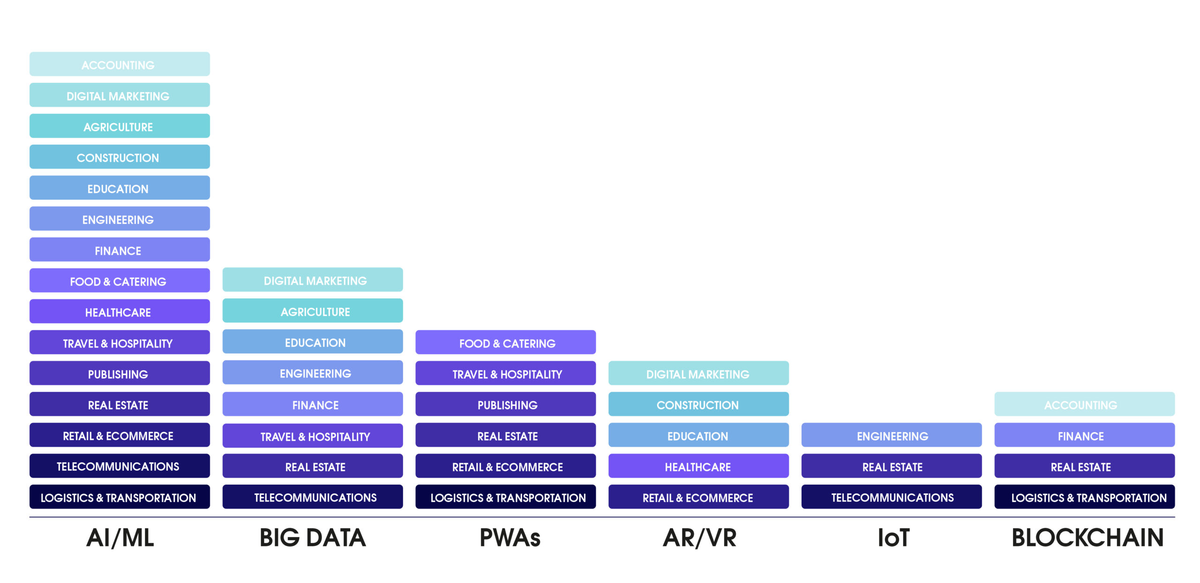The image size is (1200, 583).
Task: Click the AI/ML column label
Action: (120, 538)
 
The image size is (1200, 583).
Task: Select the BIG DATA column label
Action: (313, 538)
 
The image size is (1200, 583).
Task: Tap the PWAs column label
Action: (510, 538)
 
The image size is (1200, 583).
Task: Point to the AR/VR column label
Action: (699, 538)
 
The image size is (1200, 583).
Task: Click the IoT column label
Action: (893, 538)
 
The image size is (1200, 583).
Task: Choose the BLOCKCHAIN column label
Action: (1087, 538)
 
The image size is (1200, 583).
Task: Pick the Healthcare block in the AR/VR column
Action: (698, 466)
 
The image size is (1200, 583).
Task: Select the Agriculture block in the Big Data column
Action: (313, 311)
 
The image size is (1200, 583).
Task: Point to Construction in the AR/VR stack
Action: (698, 404)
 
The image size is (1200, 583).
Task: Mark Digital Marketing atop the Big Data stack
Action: (313, 280)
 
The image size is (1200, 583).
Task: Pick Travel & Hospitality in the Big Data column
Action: (313, 435)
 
